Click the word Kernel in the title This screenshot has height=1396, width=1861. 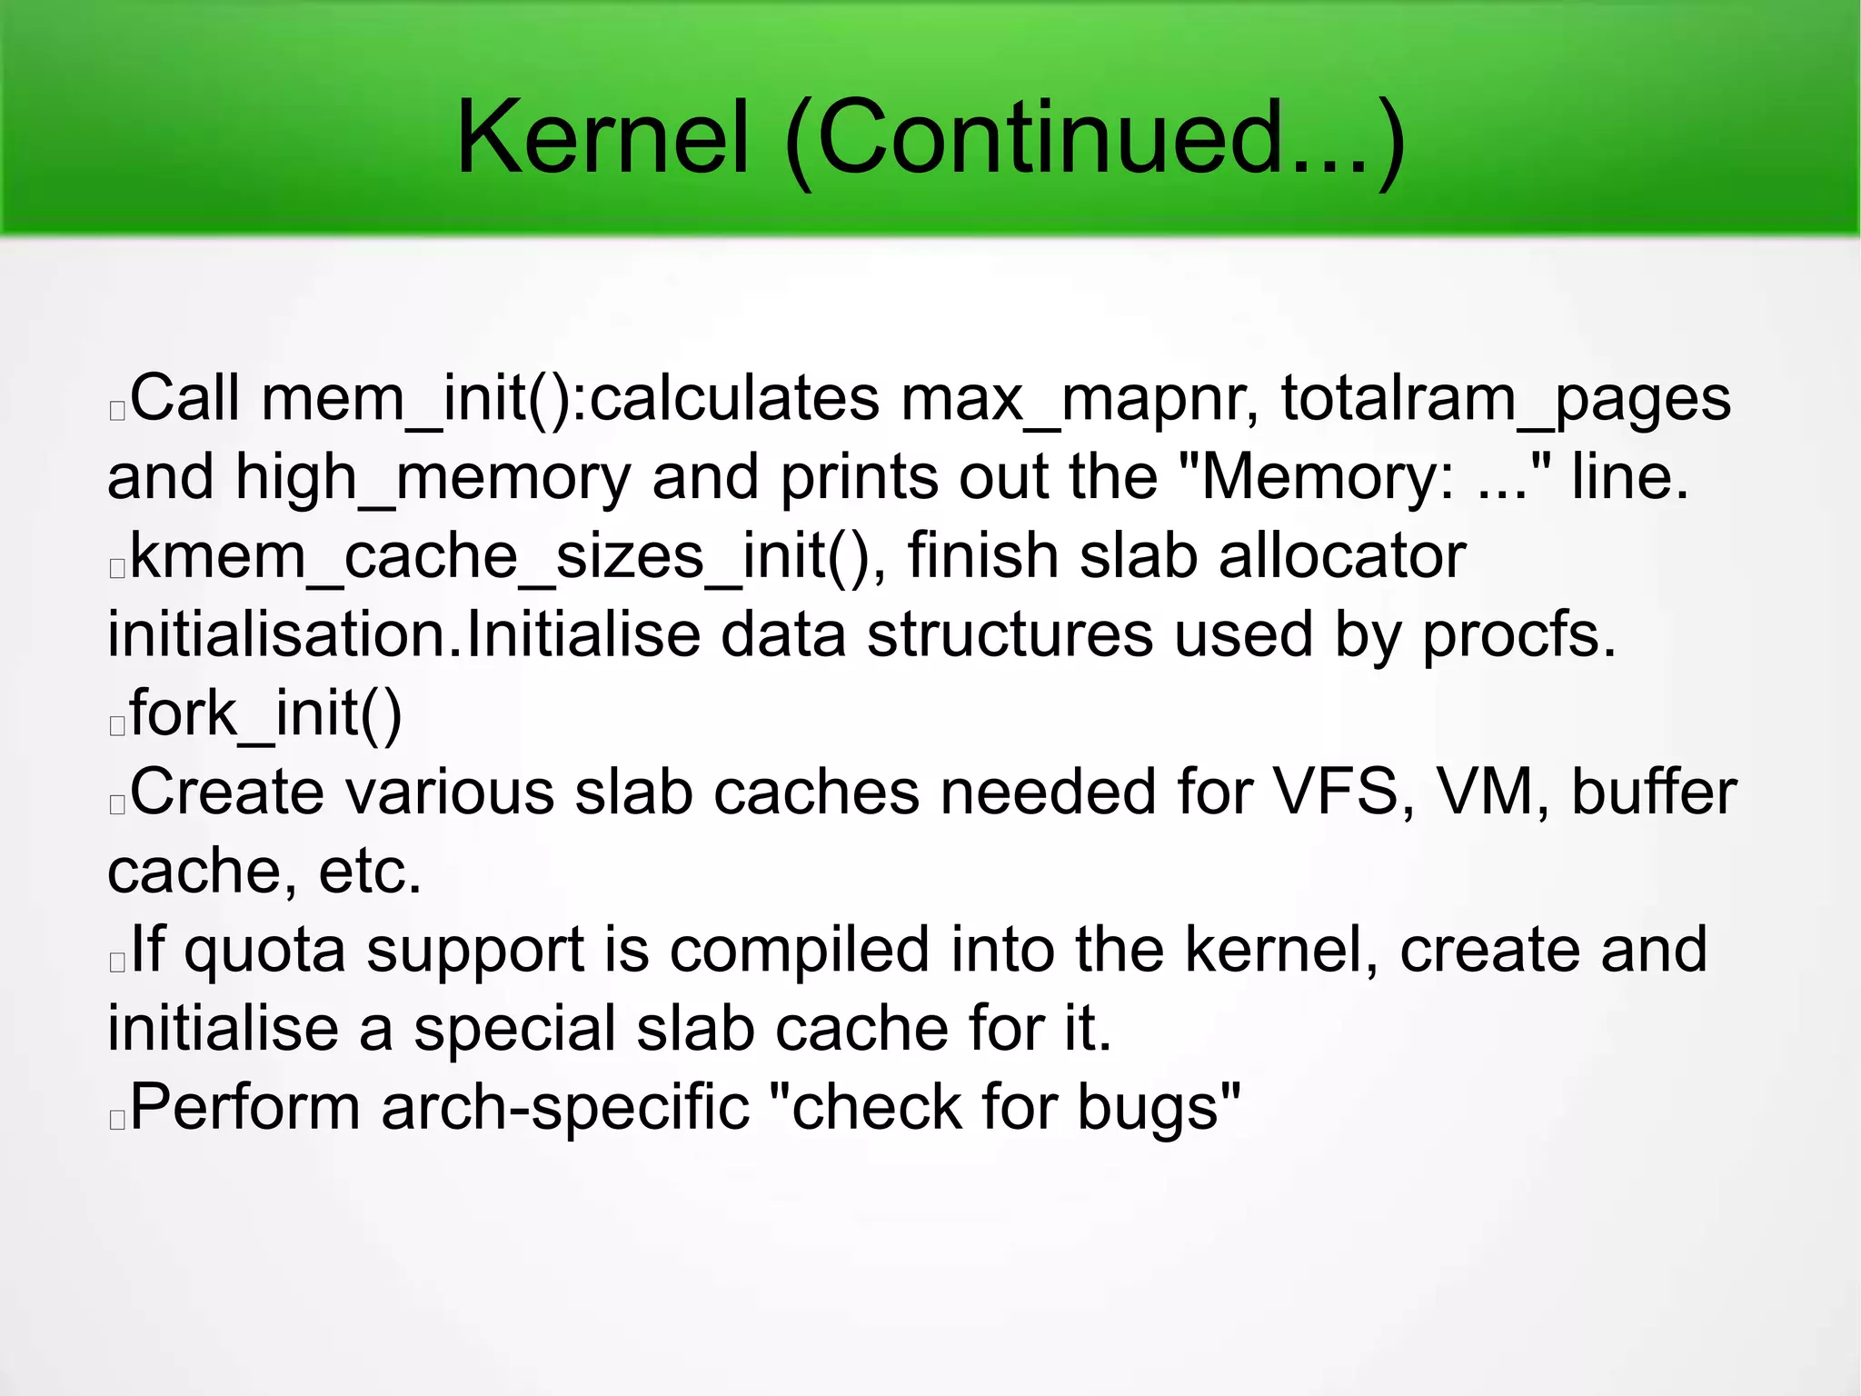602,138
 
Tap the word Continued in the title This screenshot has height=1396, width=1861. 1090,138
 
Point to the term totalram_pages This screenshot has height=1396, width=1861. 1506,400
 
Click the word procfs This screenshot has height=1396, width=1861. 1518,635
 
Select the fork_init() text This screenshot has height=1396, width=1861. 265,714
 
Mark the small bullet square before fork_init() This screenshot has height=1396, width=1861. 116,726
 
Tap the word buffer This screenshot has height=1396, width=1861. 1653,793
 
